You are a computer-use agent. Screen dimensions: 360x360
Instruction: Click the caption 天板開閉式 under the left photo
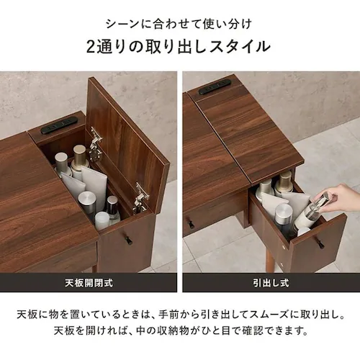[x=89, y=282]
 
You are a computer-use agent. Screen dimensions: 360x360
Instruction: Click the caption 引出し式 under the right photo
[x=270, y=282]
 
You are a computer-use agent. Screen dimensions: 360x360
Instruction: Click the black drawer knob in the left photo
[x=129, y=239]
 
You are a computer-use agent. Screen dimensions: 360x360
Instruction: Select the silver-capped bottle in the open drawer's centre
[x=282, y=216]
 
